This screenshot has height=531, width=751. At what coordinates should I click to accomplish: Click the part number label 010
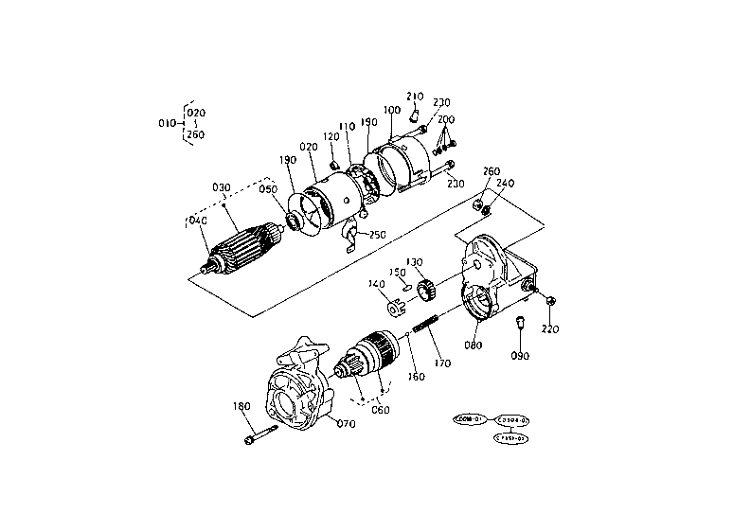click(x=166, y=124)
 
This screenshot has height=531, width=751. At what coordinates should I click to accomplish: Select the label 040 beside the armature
click(x=197, y=221)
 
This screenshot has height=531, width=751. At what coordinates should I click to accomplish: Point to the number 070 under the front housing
click(x=346, y=424)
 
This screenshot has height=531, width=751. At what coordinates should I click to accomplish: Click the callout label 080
click(x=474, y=345)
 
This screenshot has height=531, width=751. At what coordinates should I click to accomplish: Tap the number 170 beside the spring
click(x=442, y=361)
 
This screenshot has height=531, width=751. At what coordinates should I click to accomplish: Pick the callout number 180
click(x=241, y=406)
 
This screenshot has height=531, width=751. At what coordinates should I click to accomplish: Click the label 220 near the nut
click(x=550, y=328)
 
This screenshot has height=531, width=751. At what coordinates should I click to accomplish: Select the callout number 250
click(x=378, y=235)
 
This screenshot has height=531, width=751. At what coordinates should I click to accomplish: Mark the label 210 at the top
click(x=415, y=97)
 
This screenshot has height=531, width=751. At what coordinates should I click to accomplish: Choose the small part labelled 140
click(x=396, y=307)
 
